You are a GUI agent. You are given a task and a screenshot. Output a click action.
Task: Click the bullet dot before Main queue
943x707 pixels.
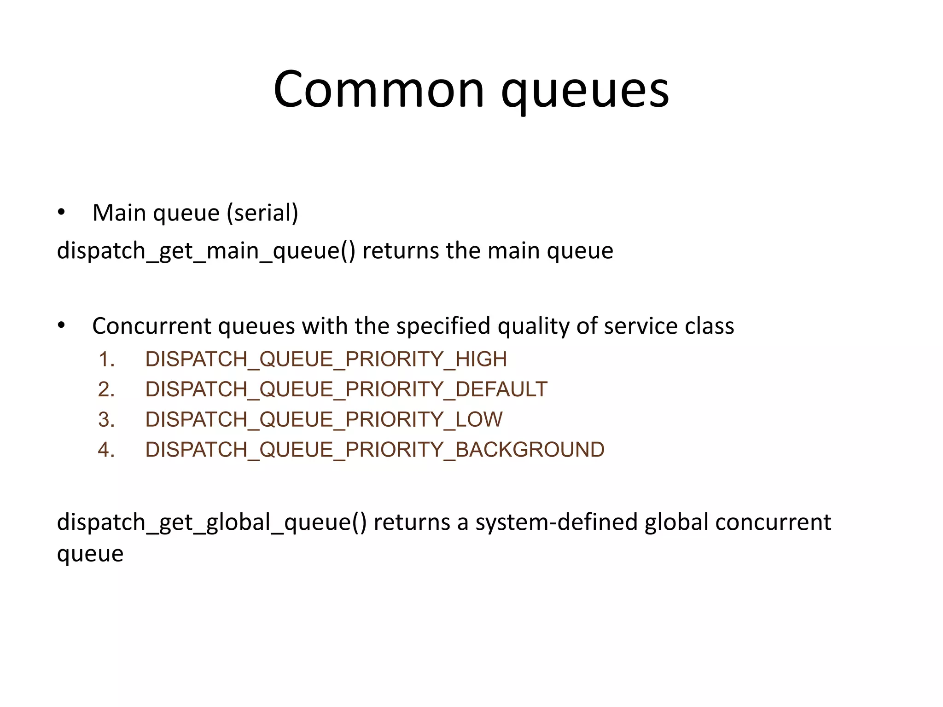[61, 213]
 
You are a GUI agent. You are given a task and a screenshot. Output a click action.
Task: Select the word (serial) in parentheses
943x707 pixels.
[262, 213]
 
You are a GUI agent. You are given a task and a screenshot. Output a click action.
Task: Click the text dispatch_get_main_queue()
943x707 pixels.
[206, 251]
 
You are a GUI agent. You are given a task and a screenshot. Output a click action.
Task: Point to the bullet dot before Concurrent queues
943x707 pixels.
[61, 326]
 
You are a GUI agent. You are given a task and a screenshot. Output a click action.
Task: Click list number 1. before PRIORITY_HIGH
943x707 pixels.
[106, 359]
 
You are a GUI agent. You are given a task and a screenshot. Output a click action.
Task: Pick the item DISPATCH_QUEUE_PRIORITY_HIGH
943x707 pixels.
[326, 359]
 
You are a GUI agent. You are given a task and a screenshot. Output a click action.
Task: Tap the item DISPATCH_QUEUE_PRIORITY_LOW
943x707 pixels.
[324, 420]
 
